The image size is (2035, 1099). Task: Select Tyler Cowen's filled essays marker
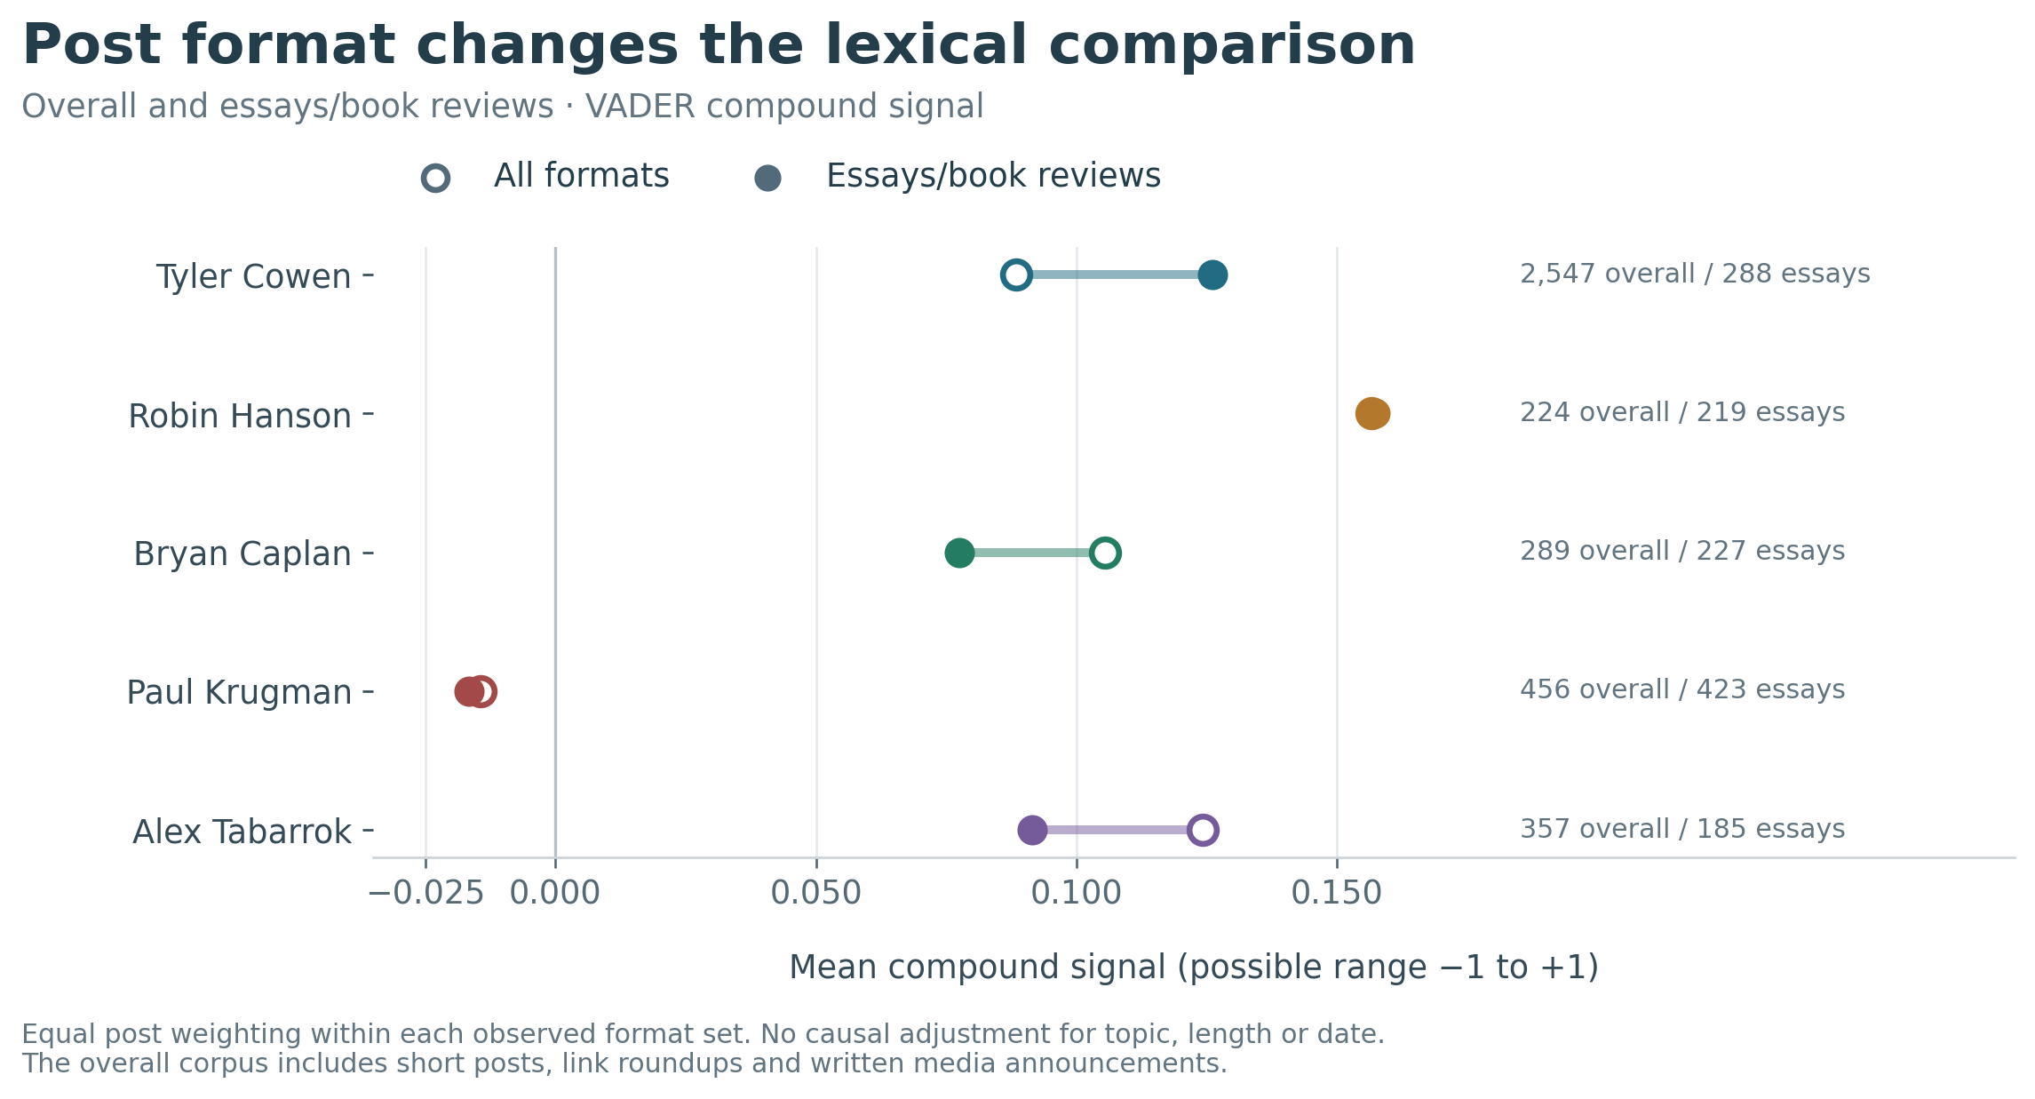[x=1212, y=275]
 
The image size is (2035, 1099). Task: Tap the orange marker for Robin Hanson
[x=1372, y=413]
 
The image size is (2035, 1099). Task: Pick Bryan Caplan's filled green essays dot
[x=959, y=553]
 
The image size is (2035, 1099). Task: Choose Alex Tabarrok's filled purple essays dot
[x=1032, y=830]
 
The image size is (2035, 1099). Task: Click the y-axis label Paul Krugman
[x=239, y=692]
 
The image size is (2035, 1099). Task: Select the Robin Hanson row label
[x=240, y=416]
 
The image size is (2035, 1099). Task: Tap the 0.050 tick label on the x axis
[x=816, y=893]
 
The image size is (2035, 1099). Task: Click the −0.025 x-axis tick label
[x=425, y=893]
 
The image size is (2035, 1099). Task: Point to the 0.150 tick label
[x=1337, y=893]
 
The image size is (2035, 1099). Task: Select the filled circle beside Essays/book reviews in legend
[x=767, y=178]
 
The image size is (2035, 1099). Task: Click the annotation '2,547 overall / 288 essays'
[x=1695, y=274]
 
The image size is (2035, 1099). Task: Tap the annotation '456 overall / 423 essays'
[x=1682, y=689]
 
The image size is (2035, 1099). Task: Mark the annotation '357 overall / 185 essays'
[x=1682, y=829]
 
